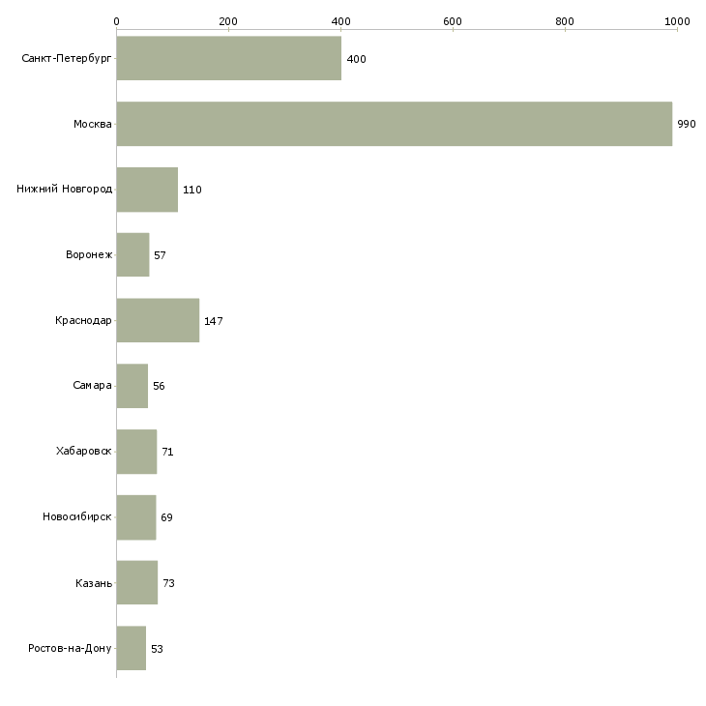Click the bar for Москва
coord(394,124)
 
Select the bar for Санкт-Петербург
coord(228,59)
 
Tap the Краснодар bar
coord(158,320)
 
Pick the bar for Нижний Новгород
coord(147,190)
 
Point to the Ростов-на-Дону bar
coord(132,648)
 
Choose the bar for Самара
coord(132,386)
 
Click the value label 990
coord(687,125)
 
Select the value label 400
coord(356,60)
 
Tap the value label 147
coord(214,321)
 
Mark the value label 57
coord(160,255)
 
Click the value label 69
coord(166,517)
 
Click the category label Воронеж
coord(89,255)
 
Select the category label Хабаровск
coord(84,452)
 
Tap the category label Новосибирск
coord(77,517)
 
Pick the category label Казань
coord(94,583)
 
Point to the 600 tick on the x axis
coord(453,20)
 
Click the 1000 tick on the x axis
coord(677,20)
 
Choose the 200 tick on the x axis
coord(228,20)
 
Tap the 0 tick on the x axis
coord(116,20)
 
